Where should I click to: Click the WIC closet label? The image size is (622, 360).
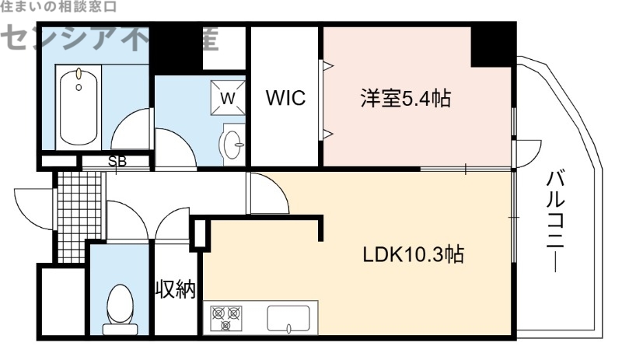point(286,99)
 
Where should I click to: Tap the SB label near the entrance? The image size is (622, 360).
point(117,162)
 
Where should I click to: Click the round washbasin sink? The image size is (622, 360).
point(232,142)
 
